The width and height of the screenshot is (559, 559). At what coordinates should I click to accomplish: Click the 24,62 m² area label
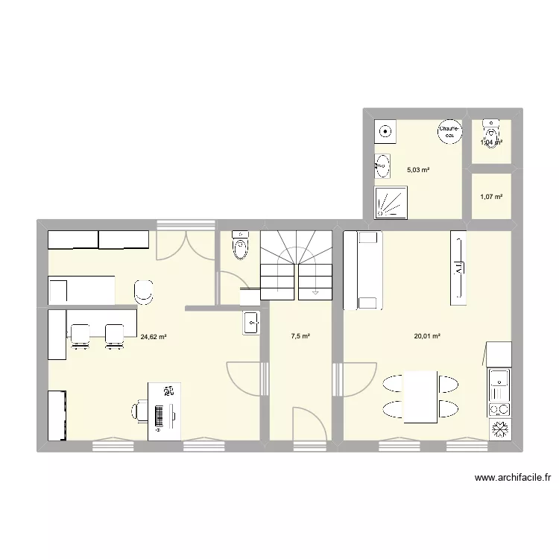pyautogui.click(x=153, y=336)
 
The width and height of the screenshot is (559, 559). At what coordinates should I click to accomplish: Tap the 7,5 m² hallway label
pyautogui.click(x=300, y=336)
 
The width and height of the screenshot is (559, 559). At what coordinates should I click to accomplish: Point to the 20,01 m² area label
pyautogui.click(x=428, y=336)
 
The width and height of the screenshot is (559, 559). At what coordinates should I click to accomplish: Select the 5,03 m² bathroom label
pyautogui.click(x=419, y=170)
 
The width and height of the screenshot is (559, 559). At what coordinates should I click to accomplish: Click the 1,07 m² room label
pyautogui.click(x=491, y=197)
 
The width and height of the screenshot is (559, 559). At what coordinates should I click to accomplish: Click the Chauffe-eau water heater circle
pyautogui.click(x=449, y=131)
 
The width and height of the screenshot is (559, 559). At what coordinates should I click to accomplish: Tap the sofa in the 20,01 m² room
pyautogui.click(x=362, y=270)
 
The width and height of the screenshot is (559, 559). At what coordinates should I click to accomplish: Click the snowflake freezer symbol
pyautogui.click(x=499, y=431)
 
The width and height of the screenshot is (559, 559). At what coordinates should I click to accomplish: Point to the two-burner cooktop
pyautogui.click(x=499, y=408)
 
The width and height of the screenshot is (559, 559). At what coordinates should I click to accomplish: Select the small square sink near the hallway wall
pyautogui.click(x=251, y=323)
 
